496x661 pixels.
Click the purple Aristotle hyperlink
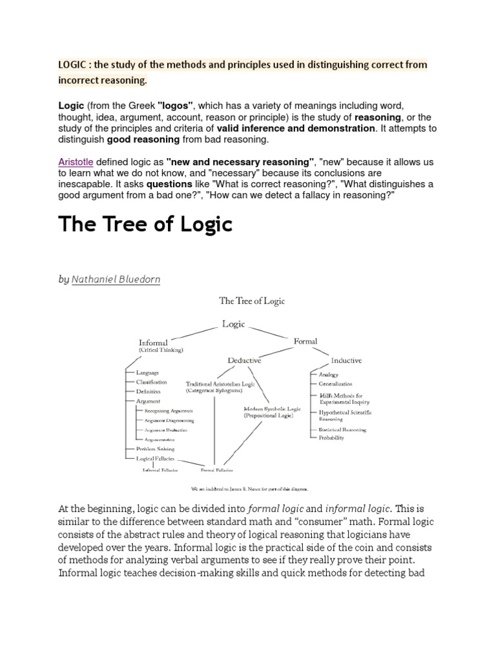76,161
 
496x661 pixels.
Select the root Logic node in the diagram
233,324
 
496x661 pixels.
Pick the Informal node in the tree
153,343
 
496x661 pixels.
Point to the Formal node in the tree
305,341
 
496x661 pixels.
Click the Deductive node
244,360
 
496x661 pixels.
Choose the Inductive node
346,360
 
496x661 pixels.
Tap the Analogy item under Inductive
328,374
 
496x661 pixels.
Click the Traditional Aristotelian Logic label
220,383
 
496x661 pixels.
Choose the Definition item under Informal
148,392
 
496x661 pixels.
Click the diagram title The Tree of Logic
252,301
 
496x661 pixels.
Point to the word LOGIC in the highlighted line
72,65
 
